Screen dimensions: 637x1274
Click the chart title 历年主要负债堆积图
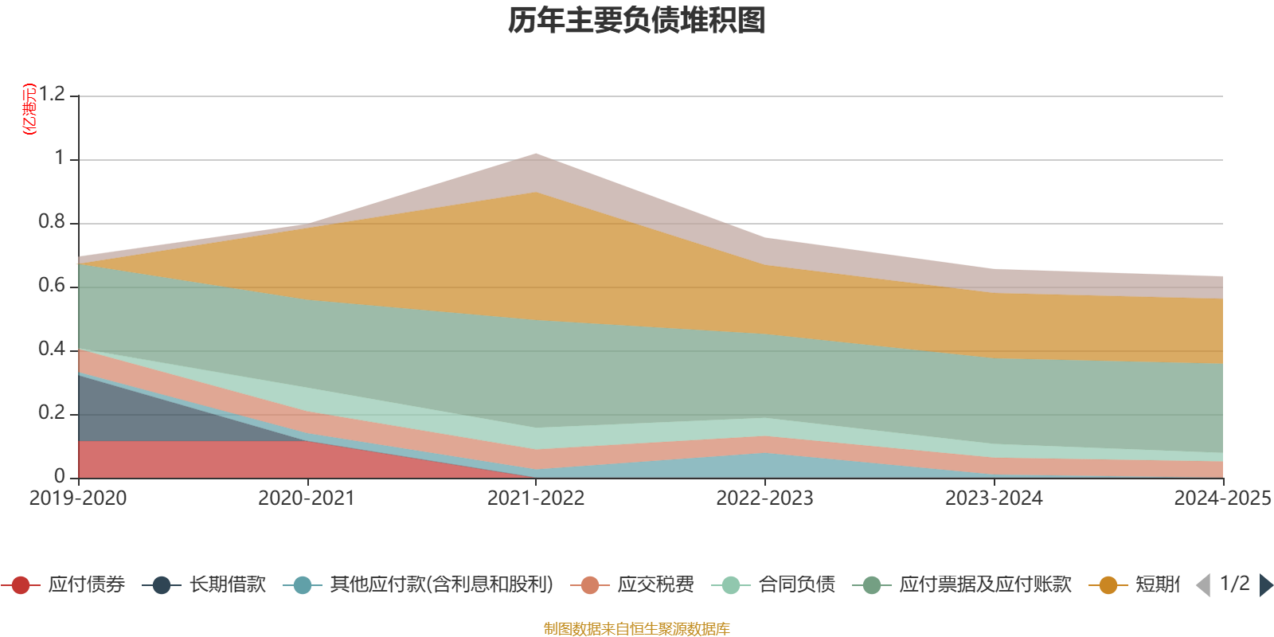point(636,21)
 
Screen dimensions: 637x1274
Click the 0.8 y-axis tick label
point(53,222)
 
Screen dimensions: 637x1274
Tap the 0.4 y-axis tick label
point(53,350)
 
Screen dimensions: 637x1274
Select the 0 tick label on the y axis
point(60,476)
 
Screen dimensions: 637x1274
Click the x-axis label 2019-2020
point(78,498)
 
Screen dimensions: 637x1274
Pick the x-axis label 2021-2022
point(536,498)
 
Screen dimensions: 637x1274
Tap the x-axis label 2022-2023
point(764,498)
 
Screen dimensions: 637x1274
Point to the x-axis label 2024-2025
point(1222,498)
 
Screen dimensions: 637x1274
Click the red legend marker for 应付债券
point(21,585)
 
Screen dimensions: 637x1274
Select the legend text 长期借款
point(227,585)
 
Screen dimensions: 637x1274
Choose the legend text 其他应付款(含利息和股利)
point(442,585)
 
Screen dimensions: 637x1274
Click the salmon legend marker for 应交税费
point(590,585)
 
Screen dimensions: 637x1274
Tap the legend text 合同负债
point(796,585)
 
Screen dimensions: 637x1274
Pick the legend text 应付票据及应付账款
point(985,585)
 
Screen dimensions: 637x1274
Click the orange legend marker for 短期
point(1108,585)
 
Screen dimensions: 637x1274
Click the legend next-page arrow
point(1266,585)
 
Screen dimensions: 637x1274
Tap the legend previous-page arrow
point(1203,585)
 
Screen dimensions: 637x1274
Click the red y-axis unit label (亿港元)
point(30,109)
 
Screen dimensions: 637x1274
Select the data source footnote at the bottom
point(636,629)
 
